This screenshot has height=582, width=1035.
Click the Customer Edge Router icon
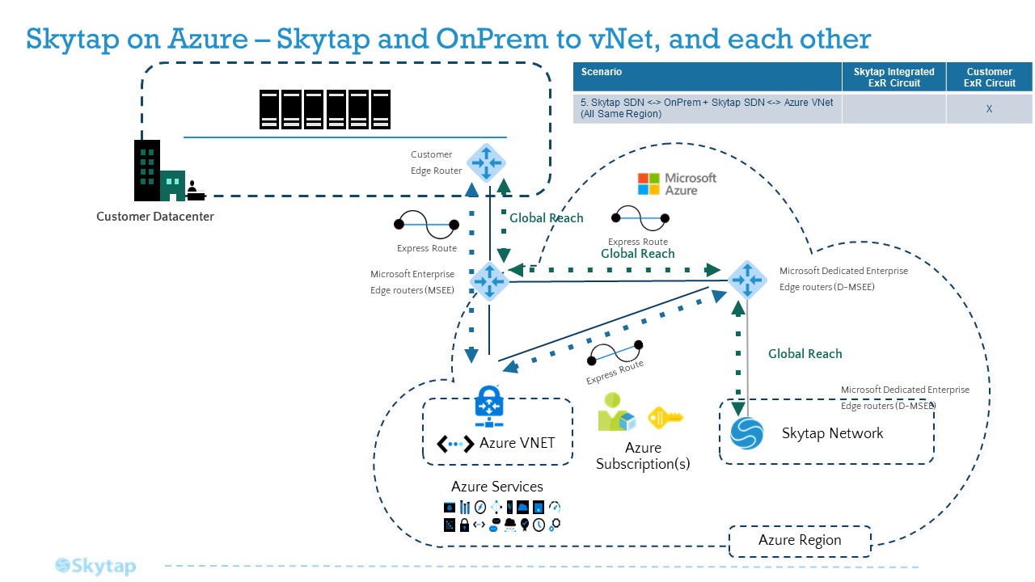tap(486, 162)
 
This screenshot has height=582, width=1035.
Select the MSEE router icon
tap(489, 281)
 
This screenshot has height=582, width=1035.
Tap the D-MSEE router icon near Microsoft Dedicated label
tap(747, 280)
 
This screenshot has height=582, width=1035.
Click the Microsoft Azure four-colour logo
tap(648, 183)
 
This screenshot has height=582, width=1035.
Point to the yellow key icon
tap(665, 418)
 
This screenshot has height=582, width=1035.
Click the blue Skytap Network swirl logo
tap(746, 433)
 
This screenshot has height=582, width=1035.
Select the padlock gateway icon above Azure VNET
tap(489, 407)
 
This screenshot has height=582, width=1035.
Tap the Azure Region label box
tap(800, 541)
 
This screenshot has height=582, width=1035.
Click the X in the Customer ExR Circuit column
tap(989, 109)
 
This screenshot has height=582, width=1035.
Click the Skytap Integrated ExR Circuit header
tap(894, 77)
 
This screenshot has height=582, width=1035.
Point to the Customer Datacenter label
tap(154, 216)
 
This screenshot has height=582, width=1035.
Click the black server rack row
tap(325, 109)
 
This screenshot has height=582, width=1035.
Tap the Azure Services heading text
tap(497, 487)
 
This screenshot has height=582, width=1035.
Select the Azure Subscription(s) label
tap(643, 455)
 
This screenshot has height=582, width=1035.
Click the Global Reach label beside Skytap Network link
tap(805, 354)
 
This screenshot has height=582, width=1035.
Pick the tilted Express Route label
tap(615, 373)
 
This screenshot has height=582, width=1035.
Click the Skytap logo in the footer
tap(95, 566)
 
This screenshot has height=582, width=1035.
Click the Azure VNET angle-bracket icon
tap(455, 444)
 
